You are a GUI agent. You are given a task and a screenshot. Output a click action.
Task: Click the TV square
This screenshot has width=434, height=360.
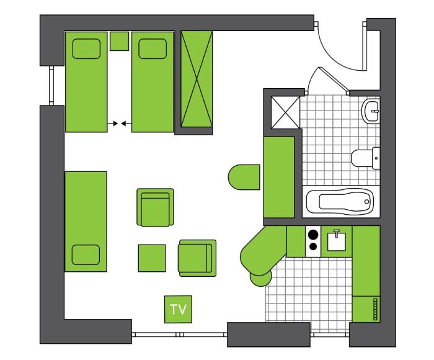[x=178, y=309]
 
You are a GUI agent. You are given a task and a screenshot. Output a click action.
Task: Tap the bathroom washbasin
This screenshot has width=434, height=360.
[x=371, y=111]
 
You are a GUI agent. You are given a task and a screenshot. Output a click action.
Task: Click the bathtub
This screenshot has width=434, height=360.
[x=340, y=202]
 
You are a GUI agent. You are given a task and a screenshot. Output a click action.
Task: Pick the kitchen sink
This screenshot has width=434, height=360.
[x=337, y=241]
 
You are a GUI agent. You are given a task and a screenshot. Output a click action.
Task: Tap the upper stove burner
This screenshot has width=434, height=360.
[x=312, y=235]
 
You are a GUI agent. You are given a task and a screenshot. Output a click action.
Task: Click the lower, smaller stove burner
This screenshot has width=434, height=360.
[x=313, y=246]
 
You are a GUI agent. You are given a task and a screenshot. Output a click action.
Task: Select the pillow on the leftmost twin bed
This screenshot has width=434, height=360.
[x=86, y=49]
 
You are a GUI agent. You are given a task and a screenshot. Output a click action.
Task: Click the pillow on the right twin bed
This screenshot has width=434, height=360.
[x=153, y=49]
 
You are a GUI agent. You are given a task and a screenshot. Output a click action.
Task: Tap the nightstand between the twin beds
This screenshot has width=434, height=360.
[x=119, y=42]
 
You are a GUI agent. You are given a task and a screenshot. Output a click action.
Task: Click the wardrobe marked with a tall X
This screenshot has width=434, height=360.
[x=197, y=79]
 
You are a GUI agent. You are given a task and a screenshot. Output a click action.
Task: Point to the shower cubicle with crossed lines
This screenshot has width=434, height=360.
[x=285, y=112]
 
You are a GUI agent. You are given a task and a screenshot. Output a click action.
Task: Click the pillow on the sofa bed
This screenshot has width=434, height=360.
[x=86, y=254]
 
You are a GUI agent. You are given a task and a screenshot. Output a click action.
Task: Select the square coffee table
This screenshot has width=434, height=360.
[x=152, y=258]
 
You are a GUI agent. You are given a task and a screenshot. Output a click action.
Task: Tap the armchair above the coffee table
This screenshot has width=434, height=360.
[x=155, y=207]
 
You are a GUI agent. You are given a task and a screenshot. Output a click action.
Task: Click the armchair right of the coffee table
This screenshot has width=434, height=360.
[x=197, y=258]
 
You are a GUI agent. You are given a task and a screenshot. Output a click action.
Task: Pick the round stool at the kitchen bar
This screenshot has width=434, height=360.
[x=261, y=278]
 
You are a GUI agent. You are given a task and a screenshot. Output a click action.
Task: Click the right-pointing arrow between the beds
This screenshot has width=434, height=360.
[x=113, y=123]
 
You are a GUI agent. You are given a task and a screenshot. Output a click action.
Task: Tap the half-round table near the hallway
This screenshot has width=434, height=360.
[x=244, y=177]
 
